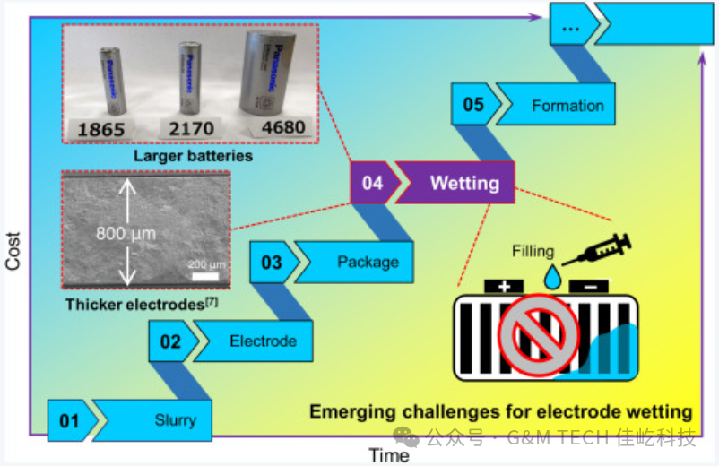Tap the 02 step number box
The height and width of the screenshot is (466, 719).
coord(170,341)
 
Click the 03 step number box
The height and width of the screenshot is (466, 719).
coord(271,263)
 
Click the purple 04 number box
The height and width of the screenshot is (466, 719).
coord(372,183)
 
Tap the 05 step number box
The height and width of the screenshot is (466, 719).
coord(473,105)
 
